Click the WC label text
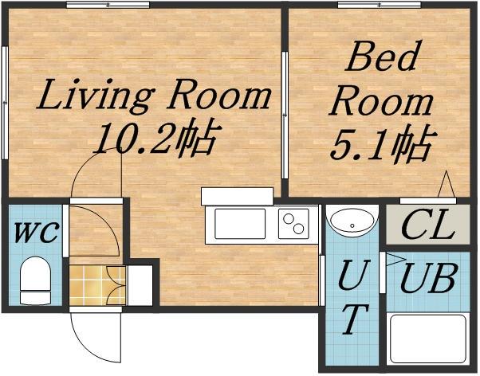36,233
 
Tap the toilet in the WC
35,280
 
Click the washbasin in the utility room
352,221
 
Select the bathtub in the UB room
428,338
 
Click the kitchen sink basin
240,224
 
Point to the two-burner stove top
293,224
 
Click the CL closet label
428,224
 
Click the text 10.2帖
157,139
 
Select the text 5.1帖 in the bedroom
384,143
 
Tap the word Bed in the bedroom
382,56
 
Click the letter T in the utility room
354,319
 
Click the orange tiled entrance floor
97,285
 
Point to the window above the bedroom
380,5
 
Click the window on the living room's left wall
5,103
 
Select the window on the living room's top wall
108,5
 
